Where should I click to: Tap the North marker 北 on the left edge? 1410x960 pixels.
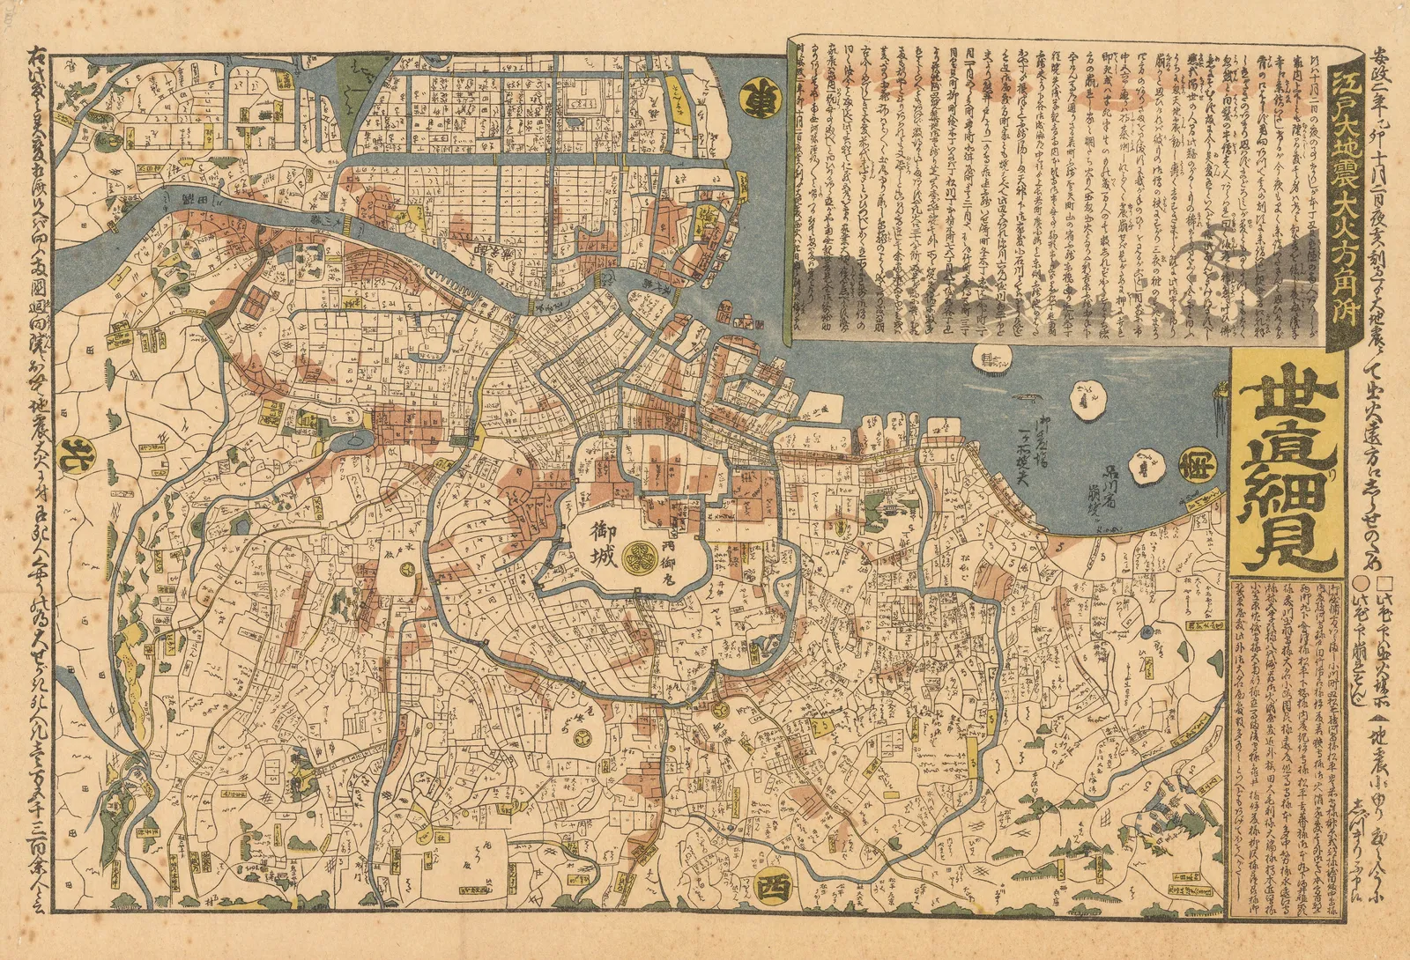(x=67, y=454)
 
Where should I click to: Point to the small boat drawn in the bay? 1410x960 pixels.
(x=1025, y=399)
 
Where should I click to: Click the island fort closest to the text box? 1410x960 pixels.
(x=991, y=358)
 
